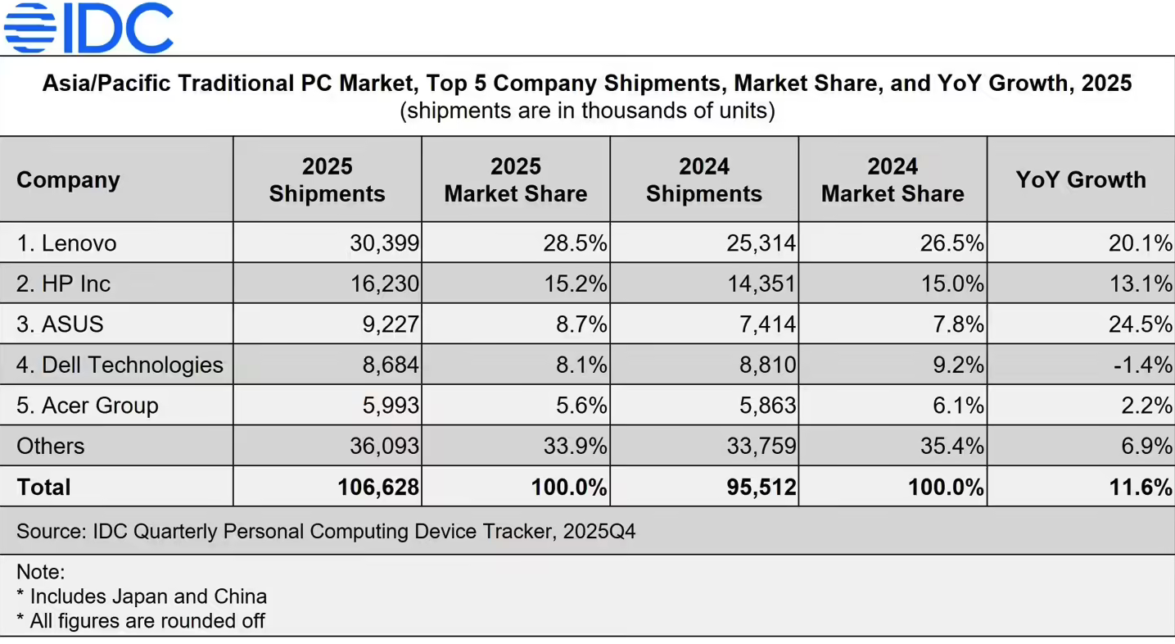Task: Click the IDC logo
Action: pos(88,28)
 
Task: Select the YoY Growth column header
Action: pos(1081,179)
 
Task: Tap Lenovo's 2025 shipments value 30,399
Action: pos(384,243)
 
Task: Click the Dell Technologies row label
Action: pos(120,365)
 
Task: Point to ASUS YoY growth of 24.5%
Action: pos(1140,324)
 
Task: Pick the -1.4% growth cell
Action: pos(1142,365)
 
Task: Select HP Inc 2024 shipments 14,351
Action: pos(761,283)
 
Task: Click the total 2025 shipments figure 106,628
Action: pos(378,487)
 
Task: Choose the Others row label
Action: pos(51,446)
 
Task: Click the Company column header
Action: pos(68,179)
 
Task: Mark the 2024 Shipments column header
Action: pos(704,179)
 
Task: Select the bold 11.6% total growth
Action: pos(1140,487)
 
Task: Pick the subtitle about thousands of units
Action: pos(587,110)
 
